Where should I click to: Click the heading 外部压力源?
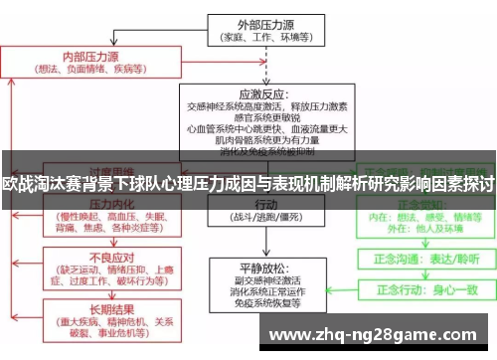click(x=261, y=24)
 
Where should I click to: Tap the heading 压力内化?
click(x=91, y=202)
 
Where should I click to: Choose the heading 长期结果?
click(x=90, y=310)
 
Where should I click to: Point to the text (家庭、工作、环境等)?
click(x=261, y=38)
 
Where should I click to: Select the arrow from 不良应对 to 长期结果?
click(x=90, y=292)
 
